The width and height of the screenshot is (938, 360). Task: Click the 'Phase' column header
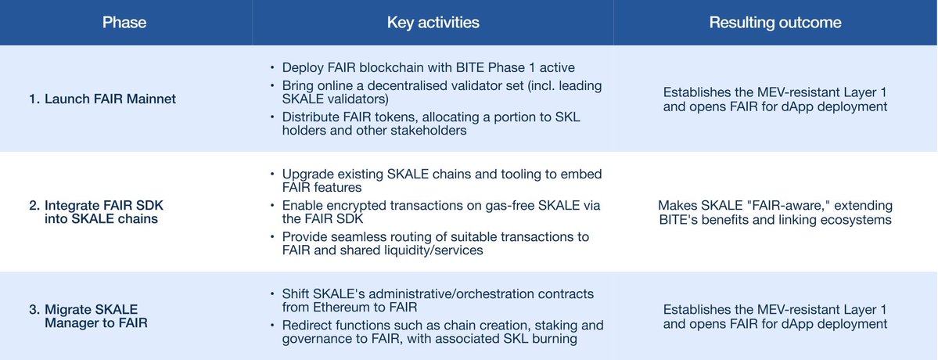pyautogui.click(x=124, y=23)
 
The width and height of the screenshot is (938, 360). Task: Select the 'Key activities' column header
pyautogui.click(x=433, y=23)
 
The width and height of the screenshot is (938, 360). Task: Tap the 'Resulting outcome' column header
pyautogui.click(x=775, y=23)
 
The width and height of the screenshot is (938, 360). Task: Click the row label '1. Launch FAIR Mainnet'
pyautogui.click(x=102, y=99)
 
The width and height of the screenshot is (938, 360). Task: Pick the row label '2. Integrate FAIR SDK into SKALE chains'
pyautogui.click(x=95, y=212)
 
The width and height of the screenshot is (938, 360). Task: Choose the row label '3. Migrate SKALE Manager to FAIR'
pyautogui.click(x=88, y=316)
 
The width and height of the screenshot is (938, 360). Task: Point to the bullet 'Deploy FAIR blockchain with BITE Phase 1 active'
pyautogui.click(x=429, y=67)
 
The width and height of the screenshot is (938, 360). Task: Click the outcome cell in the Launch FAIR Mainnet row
pyautogui.click(x=775, y=99)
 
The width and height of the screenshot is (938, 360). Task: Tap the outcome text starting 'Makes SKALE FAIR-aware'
pyautogui.click(x=775, y=212)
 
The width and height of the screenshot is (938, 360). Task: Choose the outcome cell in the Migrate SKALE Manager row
pyautogui.click(x=775, y=316)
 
